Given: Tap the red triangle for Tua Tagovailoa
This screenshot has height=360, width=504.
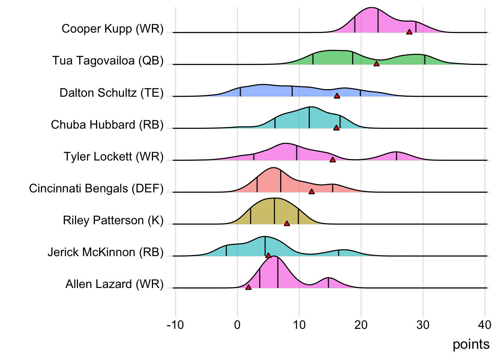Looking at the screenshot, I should [x=376, y=64].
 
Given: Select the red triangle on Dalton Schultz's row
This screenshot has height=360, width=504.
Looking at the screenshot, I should [x=337, y=96].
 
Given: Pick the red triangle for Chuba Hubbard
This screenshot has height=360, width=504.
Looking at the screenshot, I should [x=336, y=128].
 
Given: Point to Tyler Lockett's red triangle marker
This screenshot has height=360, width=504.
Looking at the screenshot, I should [x=332, y=160].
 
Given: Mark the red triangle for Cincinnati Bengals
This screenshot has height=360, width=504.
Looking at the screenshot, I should [x=312, y=192].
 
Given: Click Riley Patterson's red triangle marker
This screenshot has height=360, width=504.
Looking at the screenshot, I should [x=287, y=223].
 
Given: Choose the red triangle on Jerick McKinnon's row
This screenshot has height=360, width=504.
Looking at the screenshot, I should [x=268, y=255].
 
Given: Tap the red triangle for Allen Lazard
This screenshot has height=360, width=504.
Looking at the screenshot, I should [x=248, y=287].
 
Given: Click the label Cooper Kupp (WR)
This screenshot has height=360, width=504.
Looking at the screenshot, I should [x=112, y=29].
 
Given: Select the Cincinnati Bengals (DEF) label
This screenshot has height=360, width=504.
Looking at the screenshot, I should [x=96, y=188].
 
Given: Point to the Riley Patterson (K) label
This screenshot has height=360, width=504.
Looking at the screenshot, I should [x=113, y=220].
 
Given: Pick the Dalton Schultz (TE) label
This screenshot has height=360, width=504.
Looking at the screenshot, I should [x=111, y=93].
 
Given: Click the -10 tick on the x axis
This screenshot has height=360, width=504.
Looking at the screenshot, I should [x=175, y=325].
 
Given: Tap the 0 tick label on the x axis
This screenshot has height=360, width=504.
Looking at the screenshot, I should [x=237, y=325].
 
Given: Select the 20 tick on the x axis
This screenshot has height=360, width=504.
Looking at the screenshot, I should [x=361, y=325].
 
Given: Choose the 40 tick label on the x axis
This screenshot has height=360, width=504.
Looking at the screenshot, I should [x=484, y=325].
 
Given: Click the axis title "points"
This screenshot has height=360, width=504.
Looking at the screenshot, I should [x=471, y=344].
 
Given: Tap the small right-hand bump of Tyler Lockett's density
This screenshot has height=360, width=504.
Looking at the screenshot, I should [x=396, y=156].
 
